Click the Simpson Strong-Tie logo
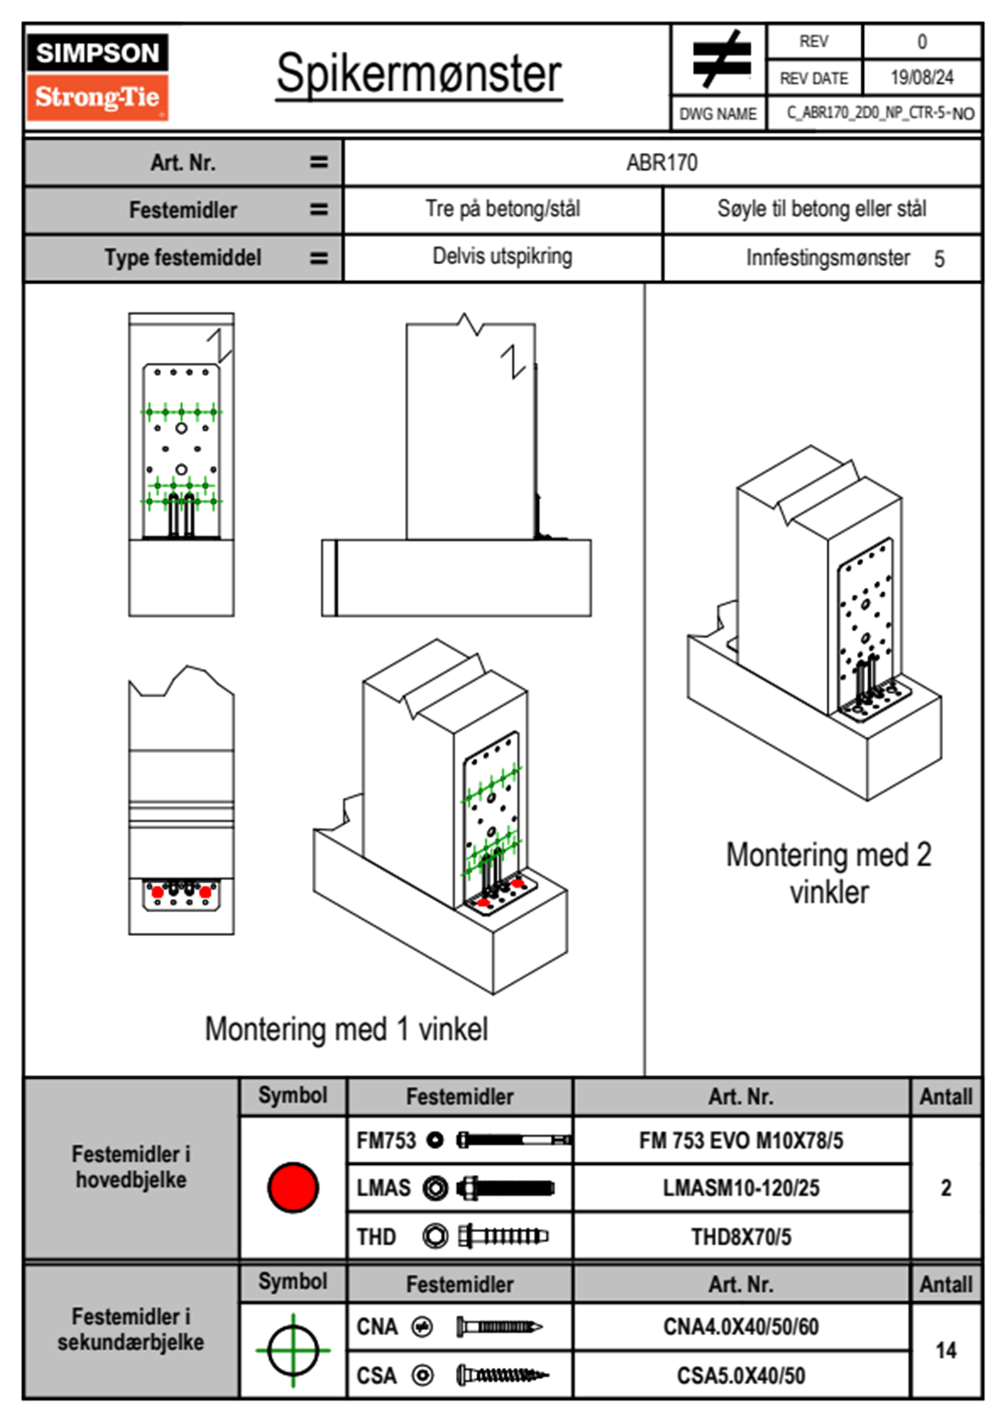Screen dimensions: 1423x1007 click(96, 76)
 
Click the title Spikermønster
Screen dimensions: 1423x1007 click(418, 74)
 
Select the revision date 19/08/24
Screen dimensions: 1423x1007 click(922, 78)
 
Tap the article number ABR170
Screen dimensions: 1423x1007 click(662, 162)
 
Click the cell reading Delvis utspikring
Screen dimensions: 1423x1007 click(502, 256)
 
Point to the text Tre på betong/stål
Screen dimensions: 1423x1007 click(503, 209)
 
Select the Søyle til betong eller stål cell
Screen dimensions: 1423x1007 click(822, 209)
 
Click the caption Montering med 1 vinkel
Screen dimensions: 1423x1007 click(346, 1029)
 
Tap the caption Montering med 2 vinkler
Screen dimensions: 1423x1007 click(828, 873)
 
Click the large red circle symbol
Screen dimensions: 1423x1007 click(293, 1187)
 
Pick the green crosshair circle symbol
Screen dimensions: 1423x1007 click(293, 1350)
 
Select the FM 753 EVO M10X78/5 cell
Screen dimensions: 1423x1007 click(740, 1140)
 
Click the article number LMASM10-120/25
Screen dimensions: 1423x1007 click(740, 1188)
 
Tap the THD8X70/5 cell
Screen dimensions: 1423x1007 click(740, 1237)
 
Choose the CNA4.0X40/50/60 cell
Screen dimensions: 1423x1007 click(740, 1327)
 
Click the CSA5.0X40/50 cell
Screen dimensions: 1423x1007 click(740, 1376)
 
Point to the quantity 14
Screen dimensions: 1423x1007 click(945, 1350)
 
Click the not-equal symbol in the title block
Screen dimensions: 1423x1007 click(720, 59)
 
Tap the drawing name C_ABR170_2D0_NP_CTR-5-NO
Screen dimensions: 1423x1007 click(880, 113)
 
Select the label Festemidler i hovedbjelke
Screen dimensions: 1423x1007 click(131, 1167)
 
